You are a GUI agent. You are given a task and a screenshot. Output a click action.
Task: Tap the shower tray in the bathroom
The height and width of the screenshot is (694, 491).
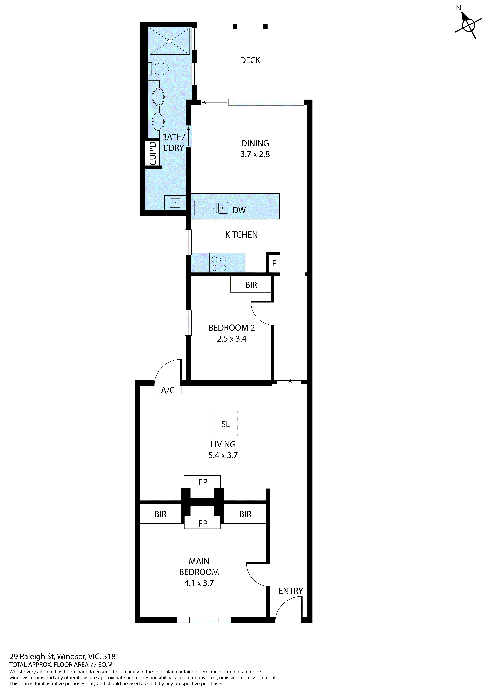[170, 41]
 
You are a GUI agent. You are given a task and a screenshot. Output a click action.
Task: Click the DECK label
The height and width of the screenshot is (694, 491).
[250, 60]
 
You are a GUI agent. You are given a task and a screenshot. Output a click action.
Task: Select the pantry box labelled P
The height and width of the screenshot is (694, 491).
[274, 263]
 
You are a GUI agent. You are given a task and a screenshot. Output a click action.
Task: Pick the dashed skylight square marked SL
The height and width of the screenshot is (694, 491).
[226, 423]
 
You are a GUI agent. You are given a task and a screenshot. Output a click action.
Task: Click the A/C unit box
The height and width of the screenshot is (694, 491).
[168, 390]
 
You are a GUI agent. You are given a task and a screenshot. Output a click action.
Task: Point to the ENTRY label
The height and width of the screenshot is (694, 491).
[291, 591]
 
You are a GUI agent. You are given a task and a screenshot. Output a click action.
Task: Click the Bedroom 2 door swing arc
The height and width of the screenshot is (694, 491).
[260, 314]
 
